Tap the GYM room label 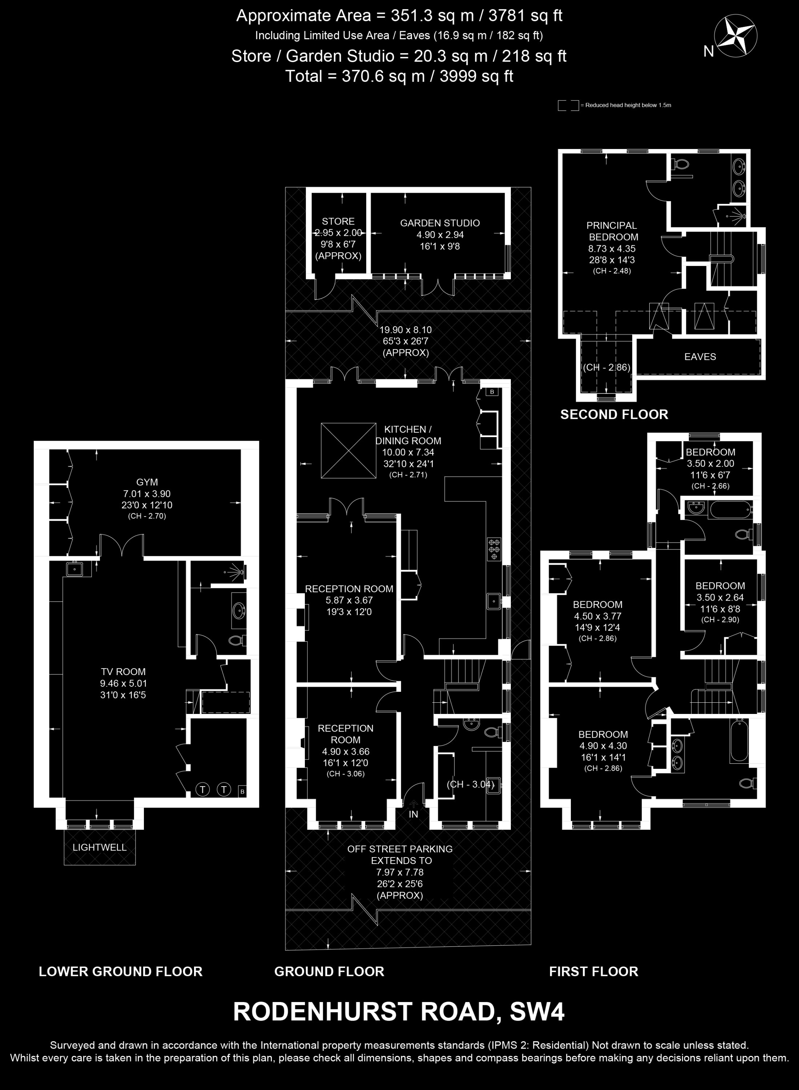point(147,482)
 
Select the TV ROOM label point(123,672)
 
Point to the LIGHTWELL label point(99,847)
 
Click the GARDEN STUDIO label point(440,223)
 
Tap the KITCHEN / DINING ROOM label point(408,435)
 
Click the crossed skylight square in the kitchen point(348,451)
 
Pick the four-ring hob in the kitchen point(494,549)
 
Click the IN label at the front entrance point(413,814)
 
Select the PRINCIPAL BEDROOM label point(612,231)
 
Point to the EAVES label point(700,356)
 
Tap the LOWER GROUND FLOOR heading point(120,971)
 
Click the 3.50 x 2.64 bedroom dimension point(720,597)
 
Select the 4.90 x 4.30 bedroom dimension point(603,746)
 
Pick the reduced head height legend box point(568,105)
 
